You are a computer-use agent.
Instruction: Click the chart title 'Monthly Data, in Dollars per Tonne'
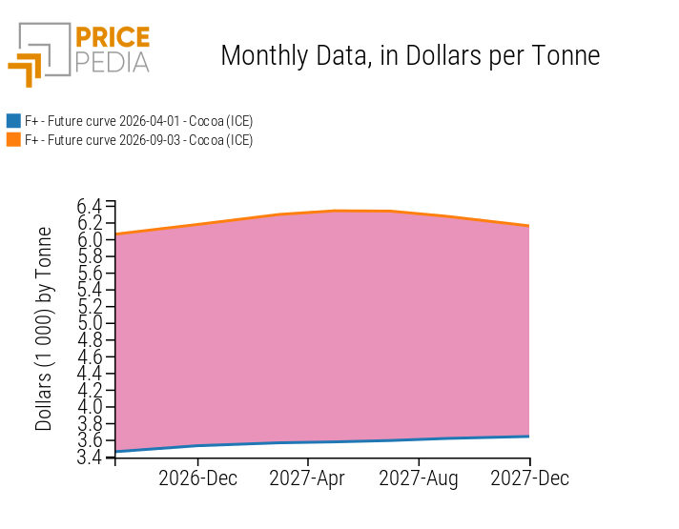coord(410,56)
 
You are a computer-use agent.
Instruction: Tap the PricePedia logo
coord(79,54)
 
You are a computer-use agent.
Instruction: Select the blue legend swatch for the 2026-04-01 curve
coord(13,121)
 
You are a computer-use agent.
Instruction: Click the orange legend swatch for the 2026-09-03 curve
coord(13,140)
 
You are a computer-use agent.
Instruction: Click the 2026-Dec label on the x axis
coord(198,478)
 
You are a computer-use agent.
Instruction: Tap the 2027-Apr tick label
coord(307,478)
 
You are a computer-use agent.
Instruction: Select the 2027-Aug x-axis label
coord(419,478)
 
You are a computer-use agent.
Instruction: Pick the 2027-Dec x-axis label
coord(529,478)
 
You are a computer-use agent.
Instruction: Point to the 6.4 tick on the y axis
coord(90,207)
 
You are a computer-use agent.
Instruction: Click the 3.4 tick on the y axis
coord(90,458)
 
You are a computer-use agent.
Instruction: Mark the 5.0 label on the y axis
coord(90,323)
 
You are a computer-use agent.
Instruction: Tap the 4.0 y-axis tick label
coord(90,407)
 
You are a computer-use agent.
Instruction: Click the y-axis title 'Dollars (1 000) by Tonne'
coord(44,329)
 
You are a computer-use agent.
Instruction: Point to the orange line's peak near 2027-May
coord(336,211)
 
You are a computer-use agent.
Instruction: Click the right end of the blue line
coord(529,437)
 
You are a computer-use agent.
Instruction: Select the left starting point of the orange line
coord(115,234)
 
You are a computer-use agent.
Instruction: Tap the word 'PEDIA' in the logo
coord(113,63)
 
